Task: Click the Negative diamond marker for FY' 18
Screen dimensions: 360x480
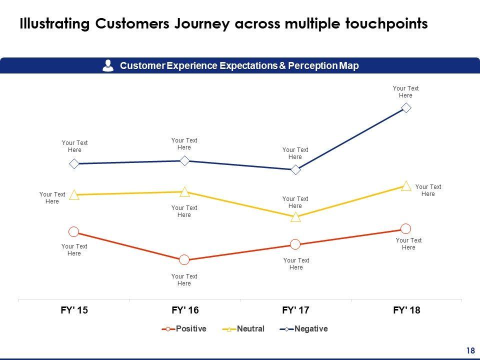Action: [x=406, y=107]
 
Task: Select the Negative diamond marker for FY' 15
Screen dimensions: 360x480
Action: [x=74, y=163]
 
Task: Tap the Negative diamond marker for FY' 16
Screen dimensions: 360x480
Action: [x=184, y=160]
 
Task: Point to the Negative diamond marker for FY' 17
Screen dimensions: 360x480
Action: [x=295, y=169]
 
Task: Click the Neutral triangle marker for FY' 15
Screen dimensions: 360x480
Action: [x=74, y=195]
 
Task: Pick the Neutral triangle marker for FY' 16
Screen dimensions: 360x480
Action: [x=184, y=192]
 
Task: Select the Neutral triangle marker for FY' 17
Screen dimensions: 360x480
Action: [x=295, y=217]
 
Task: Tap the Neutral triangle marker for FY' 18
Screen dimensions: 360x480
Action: [x=406, y=186]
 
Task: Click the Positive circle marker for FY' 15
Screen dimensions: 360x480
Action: [x=74, y=231]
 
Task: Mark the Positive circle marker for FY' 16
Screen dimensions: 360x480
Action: [x=184, y=259]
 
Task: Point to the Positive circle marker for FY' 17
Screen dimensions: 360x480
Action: [x=295, y=244]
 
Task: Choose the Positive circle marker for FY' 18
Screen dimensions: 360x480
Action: [x=406, y=228]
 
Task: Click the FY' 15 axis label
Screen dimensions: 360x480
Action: [x=74, y=310]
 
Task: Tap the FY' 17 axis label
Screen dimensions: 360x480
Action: [x=295, y=310]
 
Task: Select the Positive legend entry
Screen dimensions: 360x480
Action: [x=184, y=329]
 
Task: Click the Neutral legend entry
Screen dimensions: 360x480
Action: [x=243, y=329]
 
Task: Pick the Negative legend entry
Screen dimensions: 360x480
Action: [x=304, y=329]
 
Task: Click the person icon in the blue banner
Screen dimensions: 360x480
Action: [x=107, y=65]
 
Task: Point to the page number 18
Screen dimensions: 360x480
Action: [x=470, y=350]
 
